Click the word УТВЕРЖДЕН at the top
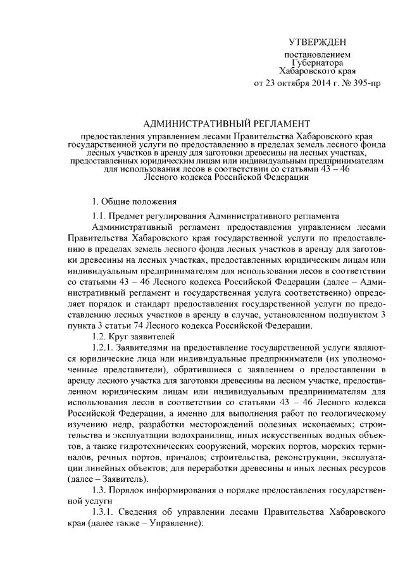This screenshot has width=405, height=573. (x=317, y=42)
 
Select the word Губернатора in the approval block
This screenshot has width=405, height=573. (x=318, y=63)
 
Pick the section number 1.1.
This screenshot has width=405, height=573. (x=100, y=216)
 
